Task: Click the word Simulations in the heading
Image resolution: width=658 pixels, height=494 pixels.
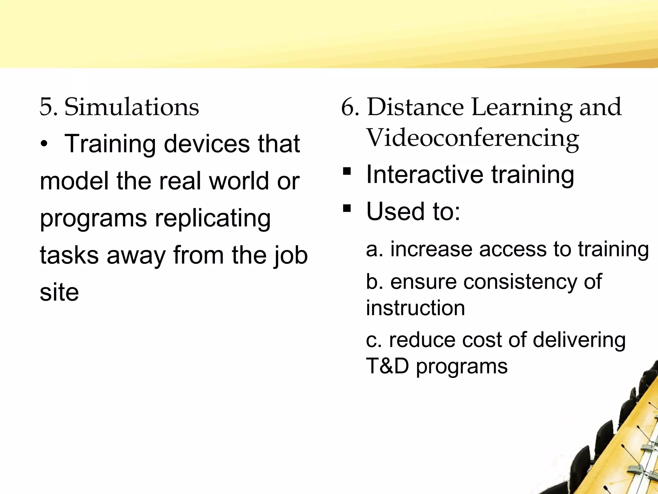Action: pyautogui.click(x=132, y=107)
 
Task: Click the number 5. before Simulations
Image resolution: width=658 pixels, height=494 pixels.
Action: pyautogui.click(x=49, y=107)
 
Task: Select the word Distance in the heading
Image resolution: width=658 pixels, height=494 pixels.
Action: pyautogui.click(x=415, y=107)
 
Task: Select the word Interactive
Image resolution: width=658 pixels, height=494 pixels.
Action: pyautogui.click(x=424, y=174)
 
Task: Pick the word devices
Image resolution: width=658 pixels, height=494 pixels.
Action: pyautogui.click(x=207, y=144)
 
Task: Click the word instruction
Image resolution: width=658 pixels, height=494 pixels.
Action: pyautogui.click(x=415, y=308)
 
